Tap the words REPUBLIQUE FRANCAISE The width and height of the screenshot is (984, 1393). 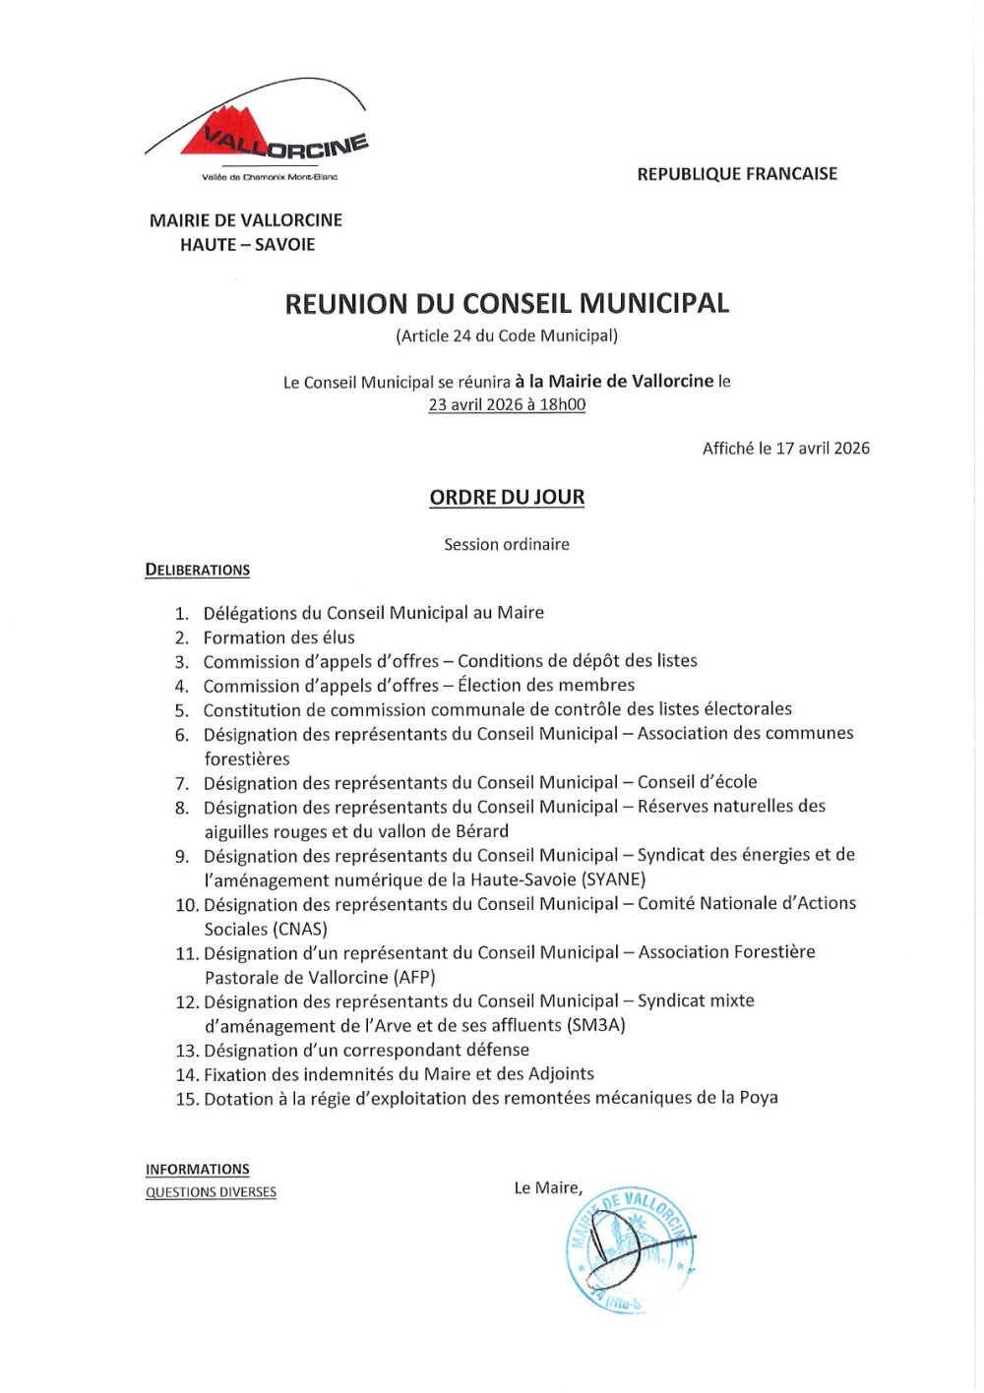[x=737, y=174]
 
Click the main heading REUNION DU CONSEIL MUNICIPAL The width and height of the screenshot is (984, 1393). [x=507, y=303]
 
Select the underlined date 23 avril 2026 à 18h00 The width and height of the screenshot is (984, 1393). [x=507, y=404]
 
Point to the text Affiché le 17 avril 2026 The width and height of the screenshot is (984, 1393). [x=785, y=449]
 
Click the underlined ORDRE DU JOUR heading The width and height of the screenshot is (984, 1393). [x=507, y=498]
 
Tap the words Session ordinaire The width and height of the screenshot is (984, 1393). [x=507, y=544]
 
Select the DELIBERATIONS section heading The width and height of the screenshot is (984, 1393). [x=198, y=570]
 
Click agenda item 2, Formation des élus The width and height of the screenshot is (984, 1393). [x=278, y=637]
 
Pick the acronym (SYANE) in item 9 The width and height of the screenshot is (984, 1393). [x=613, y=879]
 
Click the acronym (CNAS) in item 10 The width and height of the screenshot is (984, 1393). [x=297, y=929]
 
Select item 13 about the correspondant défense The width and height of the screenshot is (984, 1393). [x=366, y=1050]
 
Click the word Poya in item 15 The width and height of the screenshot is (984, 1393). [x=759, y=1098]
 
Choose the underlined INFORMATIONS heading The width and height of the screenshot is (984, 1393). [x=198, y=1169]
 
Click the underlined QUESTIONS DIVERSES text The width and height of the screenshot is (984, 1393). [x=211, y=1192]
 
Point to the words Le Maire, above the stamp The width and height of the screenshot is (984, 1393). [x=548, y=1187]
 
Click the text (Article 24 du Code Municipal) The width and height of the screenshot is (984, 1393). [x=507, y=335]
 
